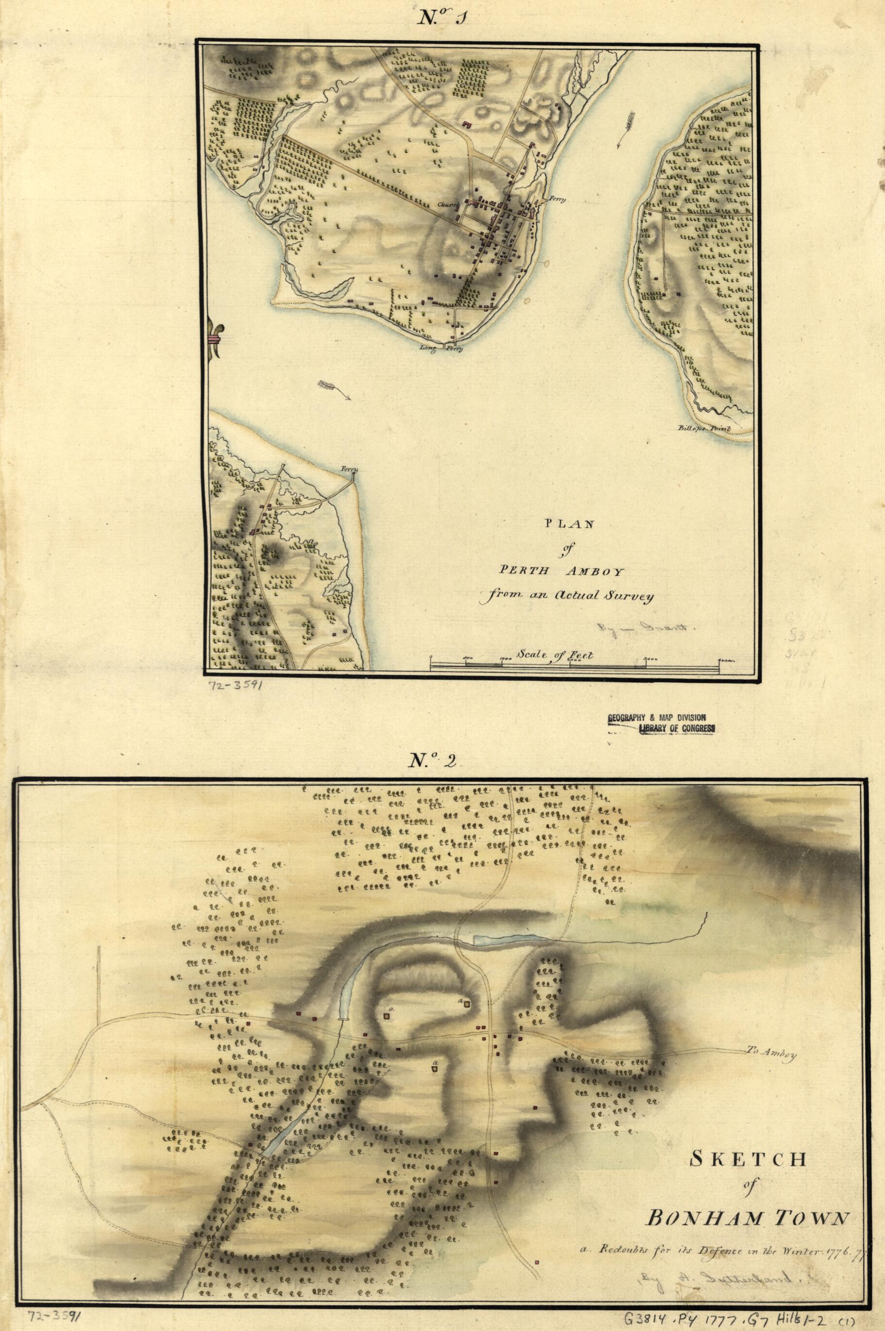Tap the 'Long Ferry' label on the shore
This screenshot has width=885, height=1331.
tap(441, 348)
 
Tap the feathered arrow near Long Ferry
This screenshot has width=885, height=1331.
tap(333, 389)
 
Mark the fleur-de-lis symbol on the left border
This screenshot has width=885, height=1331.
tap(215, 338)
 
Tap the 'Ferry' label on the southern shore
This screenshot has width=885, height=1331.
tap(350, 469)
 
